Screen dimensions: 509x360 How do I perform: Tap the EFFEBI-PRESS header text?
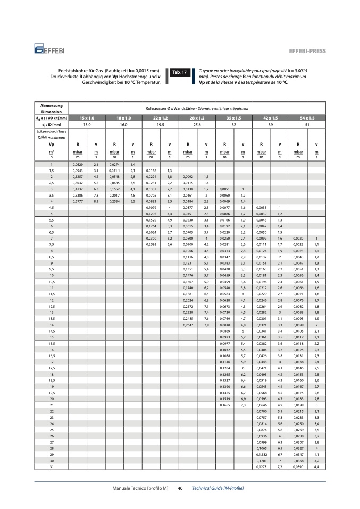[307, 51]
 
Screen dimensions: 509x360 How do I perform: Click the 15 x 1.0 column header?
[87, 117]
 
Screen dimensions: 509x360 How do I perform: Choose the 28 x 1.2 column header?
[197, 117]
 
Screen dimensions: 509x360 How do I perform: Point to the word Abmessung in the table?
[52, 105]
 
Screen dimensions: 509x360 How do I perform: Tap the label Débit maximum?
[52, 136]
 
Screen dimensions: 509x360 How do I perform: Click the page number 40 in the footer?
[180, 488]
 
